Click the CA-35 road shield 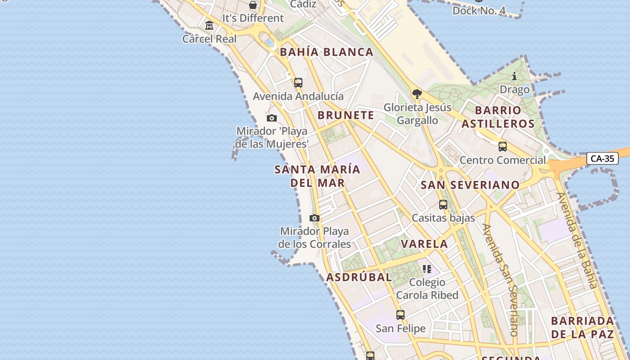[x=602, y=158]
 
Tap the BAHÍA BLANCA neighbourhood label [x=327, y=52]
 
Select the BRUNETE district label [x=346, y=115]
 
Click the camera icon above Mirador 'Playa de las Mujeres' [x=271, y=118]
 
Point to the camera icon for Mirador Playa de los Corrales [x=315, y=218]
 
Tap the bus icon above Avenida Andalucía [x=298, y=83]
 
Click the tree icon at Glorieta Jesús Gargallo [x=417, y=94]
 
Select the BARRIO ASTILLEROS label [x=498, y=117]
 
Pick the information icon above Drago [x=514, y=76]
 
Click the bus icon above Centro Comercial [x=503, y=147]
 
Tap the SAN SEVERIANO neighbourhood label [x=470, y=185]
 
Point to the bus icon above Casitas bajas [x=443, y=205]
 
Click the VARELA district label [x=424, y=244]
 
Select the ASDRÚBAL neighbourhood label [x=359, y=277]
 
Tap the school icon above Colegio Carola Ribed [x=427, y=269]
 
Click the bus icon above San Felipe [x=400, y=315]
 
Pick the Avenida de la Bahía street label [x=577, y=240]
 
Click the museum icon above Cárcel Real [x=209, y=26]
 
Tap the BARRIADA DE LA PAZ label [x=583, y=328]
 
